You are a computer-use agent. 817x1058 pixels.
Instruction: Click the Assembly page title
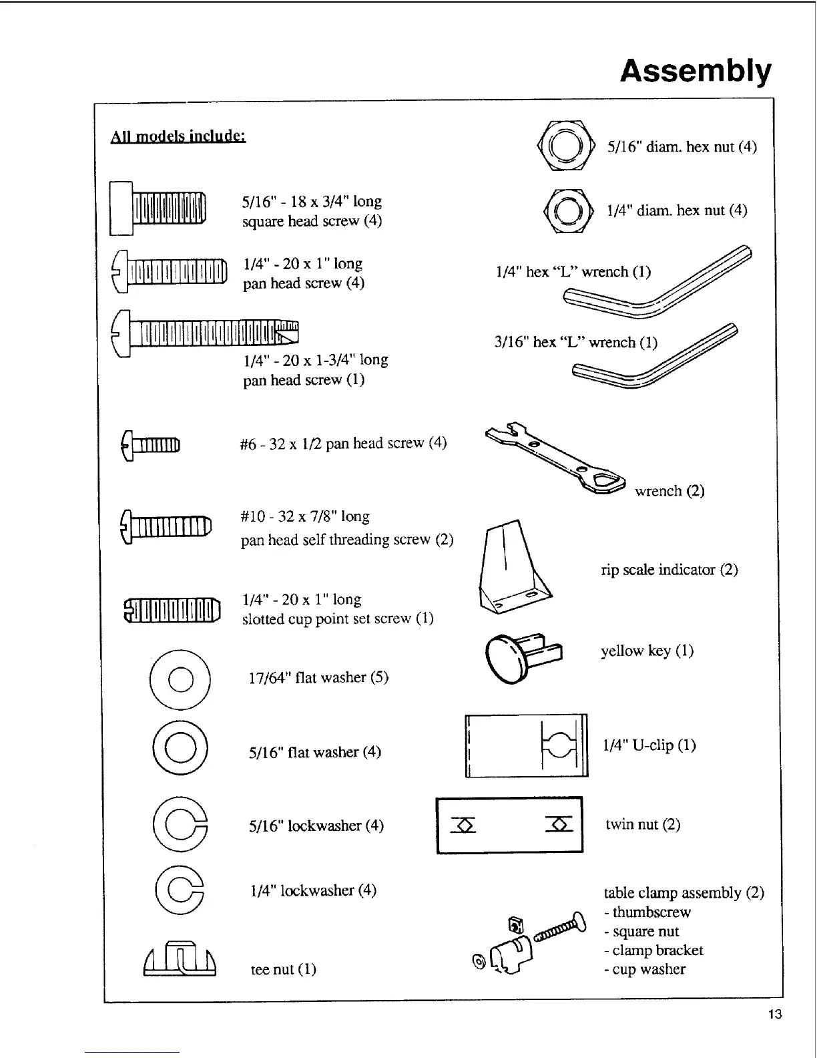pyautogui.click(x=696, y=71)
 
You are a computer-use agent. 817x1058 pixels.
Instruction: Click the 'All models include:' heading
pyautogui.click(x=178, y=136)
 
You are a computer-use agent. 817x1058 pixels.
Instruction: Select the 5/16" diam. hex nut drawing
pyautogui.click(x=565, y=146)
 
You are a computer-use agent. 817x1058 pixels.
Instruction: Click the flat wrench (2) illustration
pyautogui.click(x=555, y=458)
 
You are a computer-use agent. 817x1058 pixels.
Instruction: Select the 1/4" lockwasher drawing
pyautogui.click(x=180, y=890)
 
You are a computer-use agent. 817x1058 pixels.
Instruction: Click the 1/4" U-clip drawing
pyautogui.click(x=526, y=745)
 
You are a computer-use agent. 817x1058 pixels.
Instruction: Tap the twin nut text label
pyautogui.click(x=643, y=824)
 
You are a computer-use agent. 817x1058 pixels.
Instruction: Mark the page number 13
pyautogui.click(x=774, y=1015)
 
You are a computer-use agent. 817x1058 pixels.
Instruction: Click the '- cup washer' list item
pyautogui.click(x=645, y=969)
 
